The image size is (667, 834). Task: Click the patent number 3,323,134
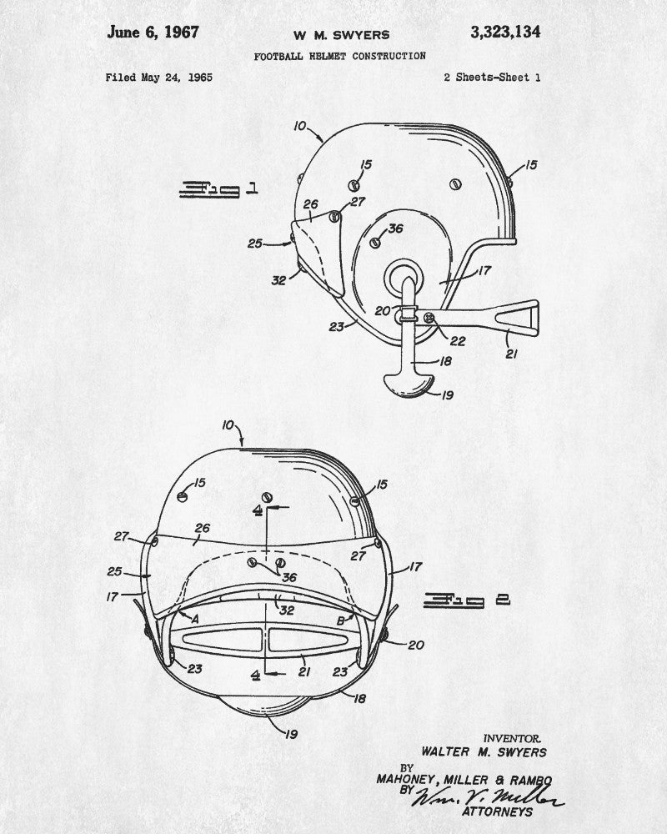point(505,33)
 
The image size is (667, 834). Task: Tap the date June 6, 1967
point(153,32)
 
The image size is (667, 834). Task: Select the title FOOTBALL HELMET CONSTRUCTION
point(340,56)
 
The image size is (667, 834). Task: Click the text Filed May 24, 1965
point(159,78)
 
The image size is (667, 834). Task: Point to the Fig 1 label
point(218,188)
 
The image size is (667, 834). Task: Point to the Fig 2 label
point(467,600)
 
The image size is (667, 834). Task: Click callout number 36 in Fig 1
point(395,229)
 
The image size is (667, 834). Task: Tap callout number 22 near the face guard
point(458,341)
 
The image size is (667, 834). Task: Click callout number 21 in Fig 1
point(511,354)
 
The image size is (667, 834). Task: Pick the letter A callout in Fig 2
point(194,619)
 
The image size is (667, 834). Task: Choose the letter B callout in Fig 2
point(341,620)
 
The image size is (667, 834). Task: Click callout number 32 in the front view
point(287,610)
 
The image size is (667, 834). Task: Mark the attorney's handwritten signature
point(489,796)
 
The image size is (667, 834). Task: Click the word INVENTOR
point(512,738)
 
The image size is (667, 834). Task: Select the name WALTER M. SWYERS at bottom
point(484,752)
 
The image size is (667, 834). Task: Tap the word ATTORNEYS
point(497,811)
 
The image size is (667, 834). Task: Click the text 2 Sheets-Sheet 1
point(493,78)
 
